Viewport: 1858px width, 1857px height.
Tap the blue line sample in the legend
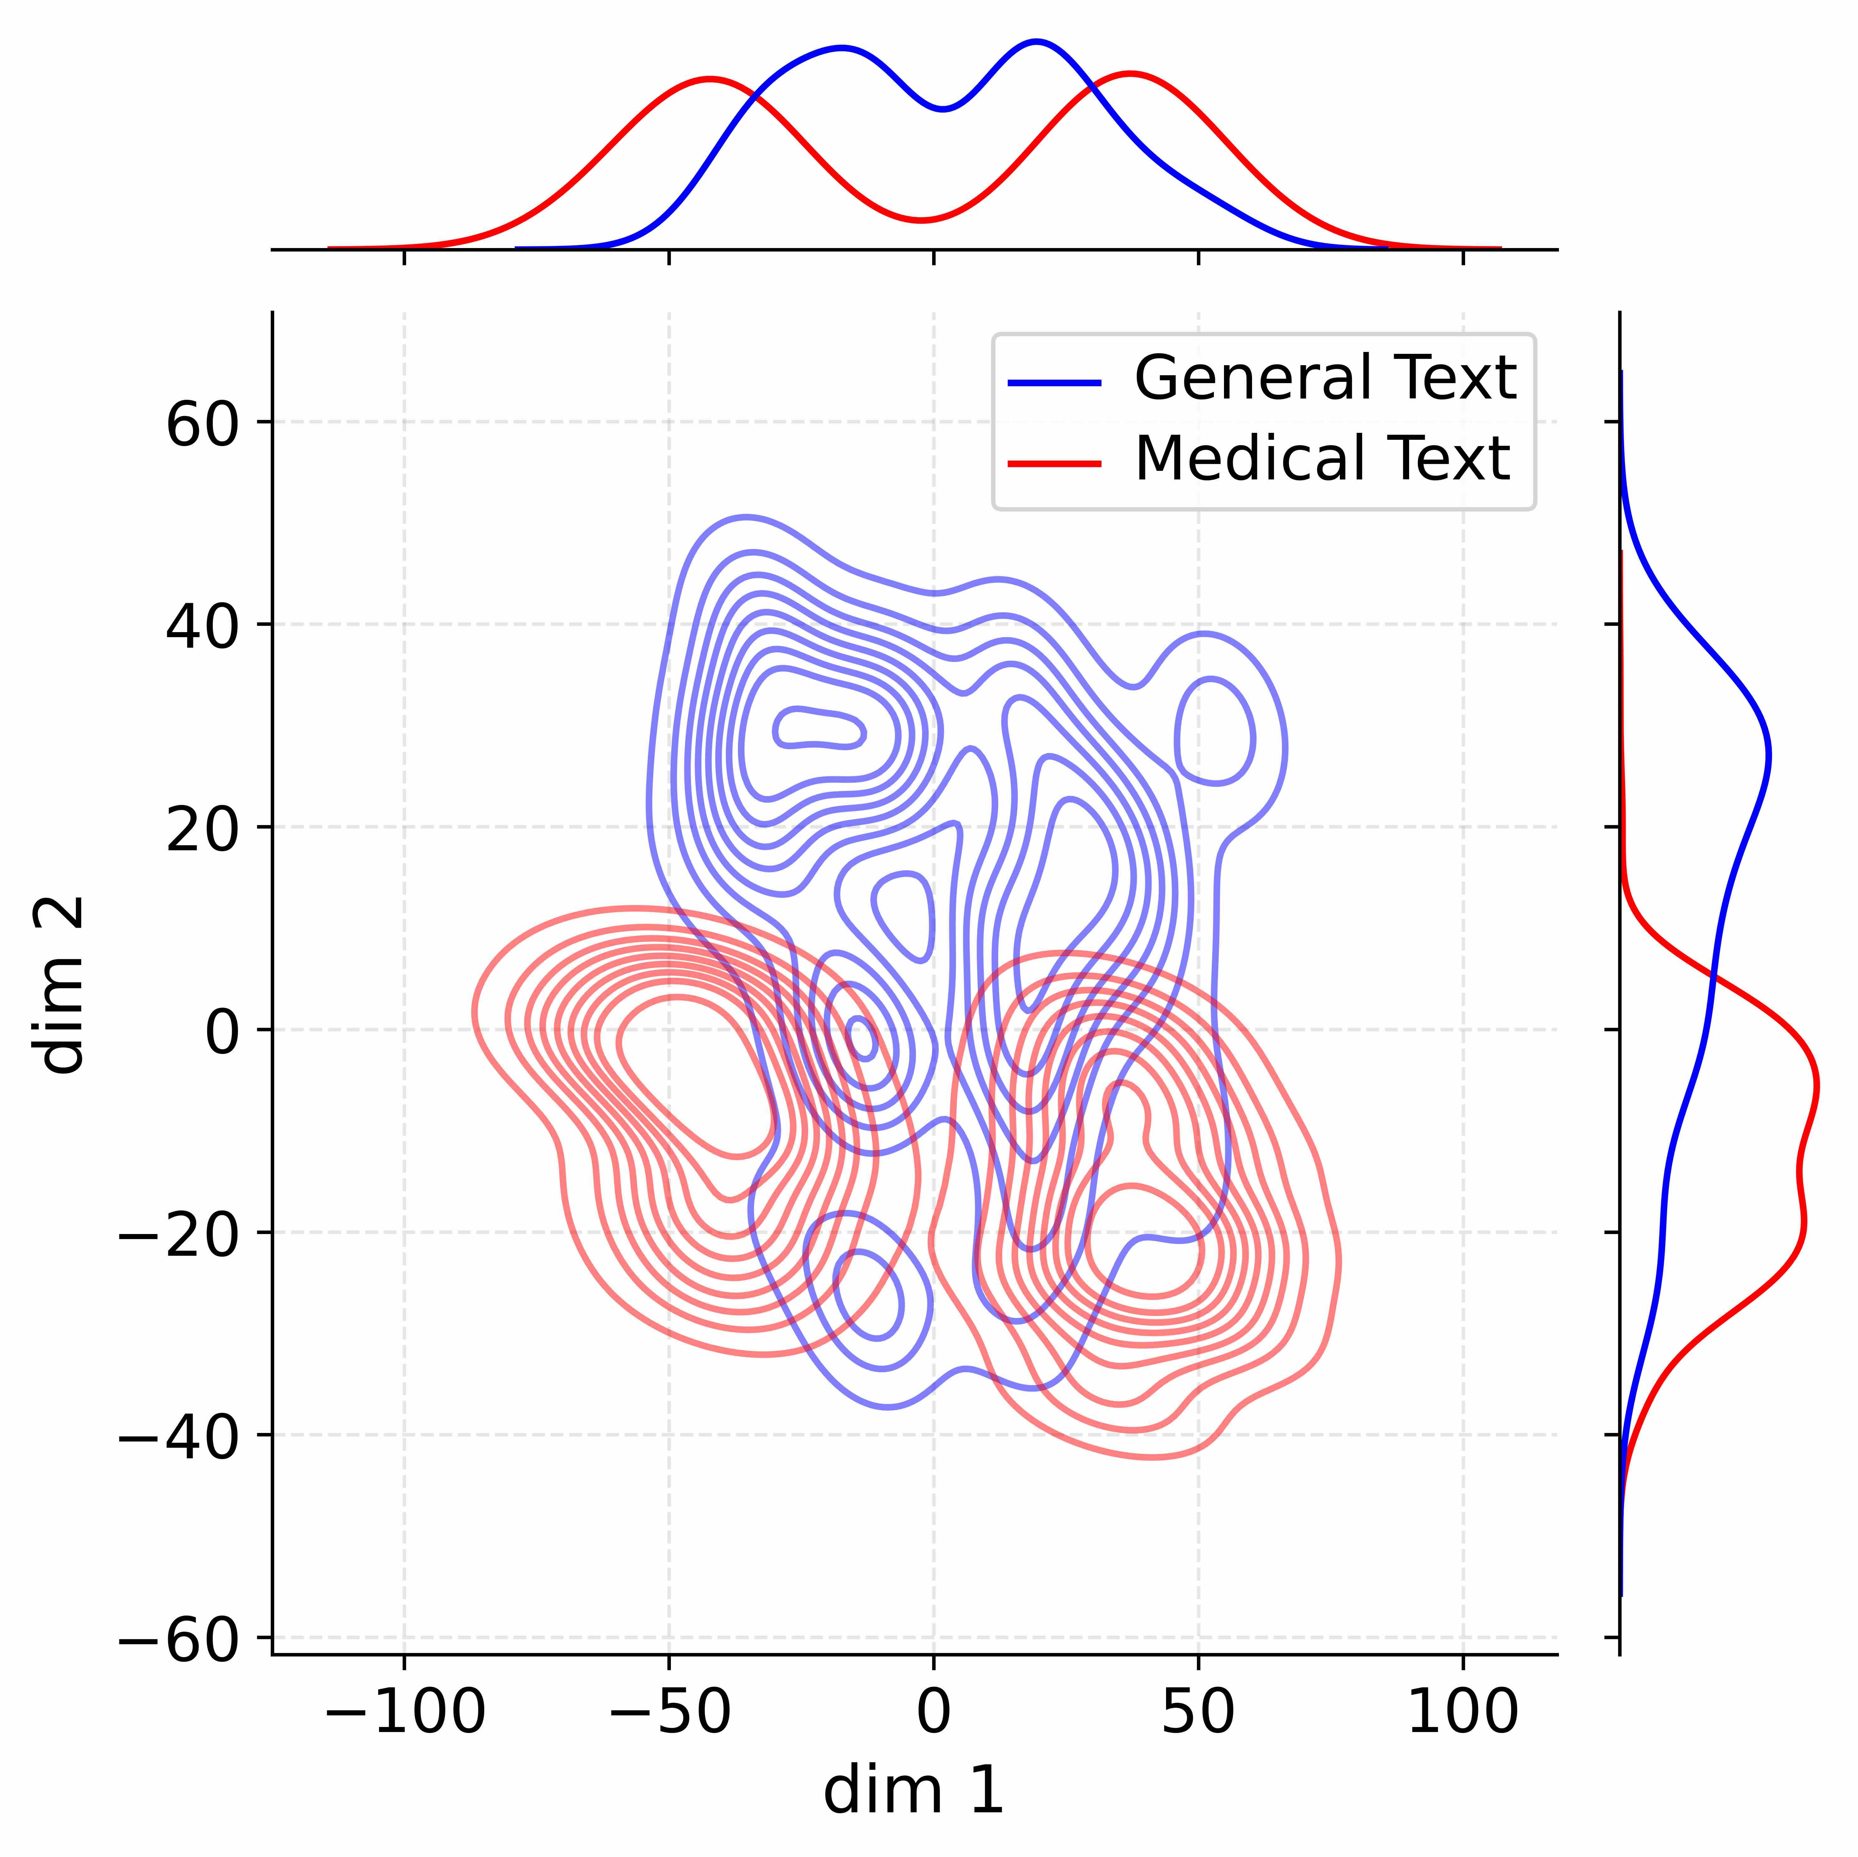(x=1054, y=383)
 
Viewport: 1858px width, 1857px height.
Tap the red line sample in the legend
(x=1054, y=463)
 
